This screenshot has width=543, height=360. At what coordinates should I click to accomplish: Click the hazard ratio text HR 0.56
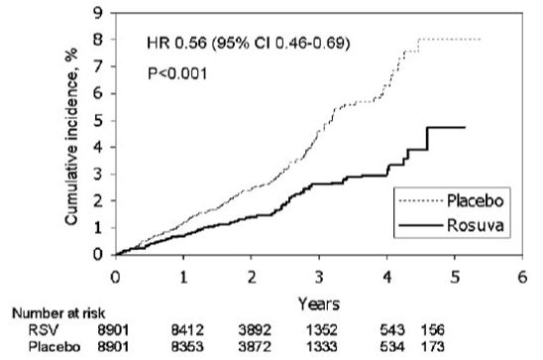pos(176,44)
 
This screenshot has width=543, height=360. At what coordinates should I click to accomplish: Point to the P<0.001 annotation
pos(177,73)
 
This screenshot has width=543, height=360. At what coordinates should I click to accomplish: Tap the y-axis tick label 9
pos(98,13)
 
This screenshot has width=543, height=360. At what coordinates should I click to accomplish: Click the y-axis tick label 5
pos(98,121)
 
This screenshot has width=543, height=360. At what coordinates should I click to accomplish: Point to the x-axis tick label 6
pos(522,277)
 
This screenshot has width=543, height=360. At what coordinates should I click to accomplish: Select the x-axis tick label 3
pos(319,277)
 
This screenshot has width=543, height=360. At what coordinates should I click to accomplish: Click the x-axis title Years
pos(319,304)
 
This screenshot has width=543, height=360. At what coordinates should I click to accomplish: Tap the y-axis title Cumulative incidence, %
pos(71,137)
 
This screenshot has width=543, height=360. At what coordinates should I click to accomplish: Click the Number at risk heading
pos(58,313)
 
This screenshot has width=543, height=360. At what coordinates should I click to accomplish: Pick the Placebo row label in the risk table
pos(54,347)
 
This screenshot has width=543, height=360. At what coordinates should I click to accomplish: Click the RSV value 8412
pos(187,330)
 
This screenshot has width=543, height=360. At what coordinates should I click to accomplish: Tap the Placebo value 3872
pos(255,347)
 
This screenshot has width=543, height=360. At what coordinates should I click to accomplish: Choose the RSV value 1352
pos(321,330)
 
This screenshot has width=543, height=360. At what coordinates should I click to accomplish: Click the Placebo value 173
pos(433,347)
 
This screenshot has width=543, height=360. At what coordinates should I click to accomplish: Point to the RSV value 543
pos(392,330)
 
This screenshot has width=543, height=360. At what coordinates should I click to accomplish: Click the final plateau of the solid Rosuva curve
pos(446,128)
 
